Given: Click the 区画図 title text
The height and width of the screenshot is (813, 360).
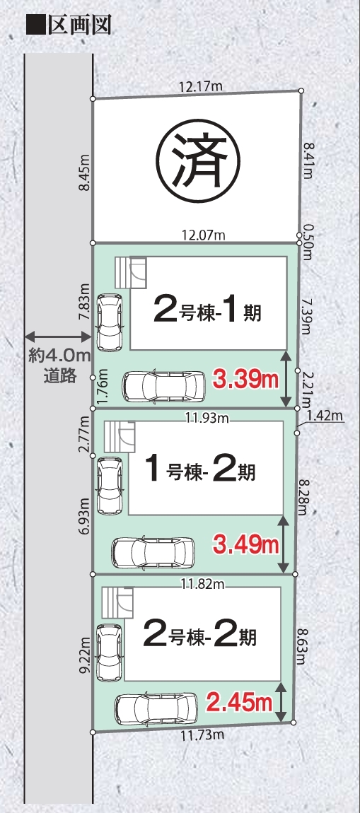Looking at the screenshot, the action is pos(80,24).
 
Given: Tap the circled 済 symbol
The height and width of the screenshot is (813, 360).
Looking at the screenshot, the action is pos(199,160).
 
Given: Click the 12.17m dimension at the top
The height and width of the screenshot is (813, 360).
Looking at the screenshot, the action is pos(200,86).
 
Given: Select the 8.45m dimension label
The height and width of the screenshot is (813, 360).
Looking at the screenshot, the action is pos(83,172).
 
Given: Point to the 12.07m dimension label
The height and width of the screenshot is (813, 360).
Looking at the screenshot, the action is pos(203,235).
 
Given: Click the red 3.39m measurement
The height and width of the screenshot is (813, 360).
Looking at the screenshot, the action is pos(245,381).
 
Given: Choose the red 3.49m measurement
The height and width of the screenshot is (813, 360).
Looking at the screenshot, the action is pos(246,546).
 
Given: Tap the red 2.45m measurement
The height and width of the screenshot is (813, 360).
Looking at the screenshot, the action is pos(240,703).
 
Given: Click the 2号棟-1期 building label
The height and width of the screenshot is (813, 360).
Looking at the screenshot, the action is pos(207,312).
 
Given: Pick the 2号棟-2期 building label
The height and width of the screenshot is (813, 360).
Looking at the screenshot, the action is pos(199,636).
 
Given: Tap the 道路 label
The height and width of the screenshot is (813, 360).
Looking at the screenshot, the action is pos(59,375).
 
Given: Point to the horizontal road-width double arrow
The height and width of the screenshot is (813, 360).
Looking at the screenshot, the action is pos(59,336).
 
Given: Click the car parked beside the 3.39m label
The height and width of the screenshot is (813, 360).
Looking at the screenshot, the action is pos(164,386).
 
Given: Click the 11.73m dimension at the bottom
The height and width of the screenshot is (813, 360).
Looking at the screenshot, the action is pos(202,735).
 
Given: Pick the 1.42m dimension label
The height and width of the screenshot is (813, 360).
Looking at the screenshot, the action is pos(325,415).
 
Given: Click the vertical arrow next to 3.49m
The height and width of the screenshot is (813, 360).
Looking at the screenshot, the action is pos(283,544).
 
